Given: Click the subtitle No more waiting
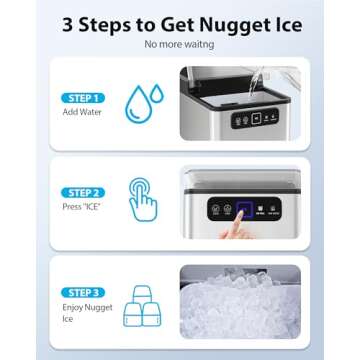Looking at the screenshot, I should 181,45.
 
